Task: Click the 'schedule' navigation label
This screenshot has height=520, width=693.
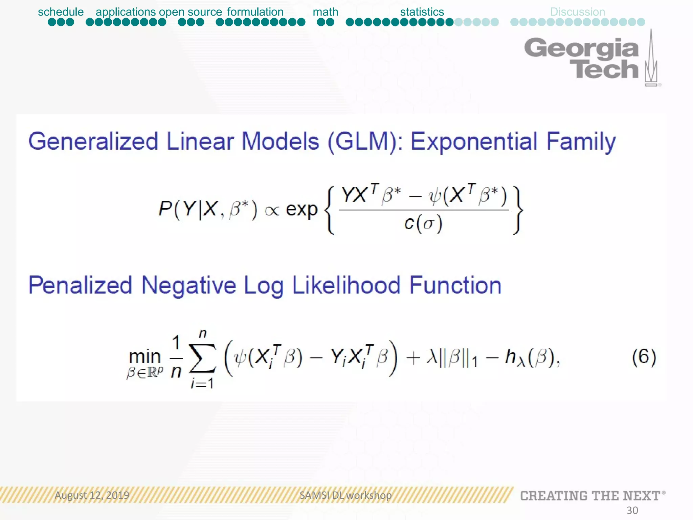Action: [61, 12]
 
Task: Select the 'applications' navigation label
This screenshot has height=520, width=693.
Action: [126, 12]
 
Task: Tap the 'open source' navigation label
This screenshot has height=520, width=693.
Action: [191, 12]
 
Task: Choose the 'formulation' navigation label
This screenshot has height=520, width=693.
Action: [255, 12]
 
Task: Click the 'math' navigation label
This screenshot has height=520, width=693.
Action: [325, 12]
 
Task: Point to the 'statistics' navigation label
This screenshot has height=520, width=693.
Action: [422, 12]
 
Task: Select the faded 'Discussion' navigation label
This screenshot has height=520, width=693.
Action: [577, 12]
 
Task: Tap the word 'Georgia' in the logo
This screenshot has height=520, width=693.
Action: [581, 47]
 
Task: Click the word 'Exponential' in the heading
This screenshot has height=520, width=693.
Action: [474, 142]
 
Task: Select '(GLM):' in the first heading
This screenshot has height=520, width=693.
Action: [365, 142]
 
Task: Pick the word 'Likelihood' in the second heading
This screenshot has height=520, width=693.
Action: [346, 285]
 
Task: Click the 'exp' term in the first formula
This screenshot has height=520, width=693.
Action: [301, 209]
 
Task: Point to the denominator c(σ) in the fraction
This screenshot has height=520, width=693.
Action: [423, 223]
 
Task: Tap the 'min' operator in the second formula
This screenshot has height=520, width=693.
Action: [145, 356]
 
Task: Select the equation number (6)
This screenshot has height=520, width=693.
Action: [644, 357]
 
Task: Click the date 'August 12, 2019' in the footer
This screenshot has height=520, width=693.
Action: [92, 495]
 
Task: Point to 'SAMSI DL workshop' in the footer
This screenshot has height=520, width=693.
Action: [345, 495]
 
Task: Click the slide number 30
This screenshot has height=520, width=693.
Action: [632, 510]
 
